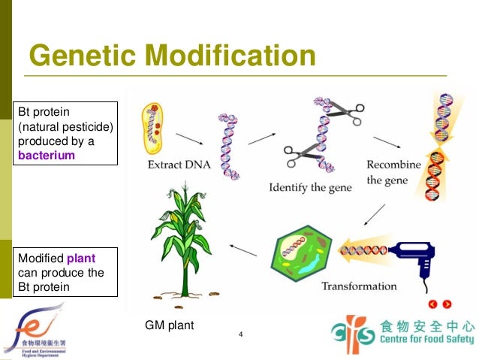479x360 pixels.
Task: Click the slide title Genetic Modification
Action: pos(171,56)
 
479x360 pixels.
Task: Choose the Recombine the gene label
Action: pos(397,172)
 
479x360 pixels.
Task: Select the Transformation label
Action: pos(359,286)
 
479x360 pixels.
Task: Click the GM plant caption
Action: pos(169,325)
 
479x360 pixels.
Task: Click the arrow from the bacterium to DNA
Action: pos(188,139)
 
